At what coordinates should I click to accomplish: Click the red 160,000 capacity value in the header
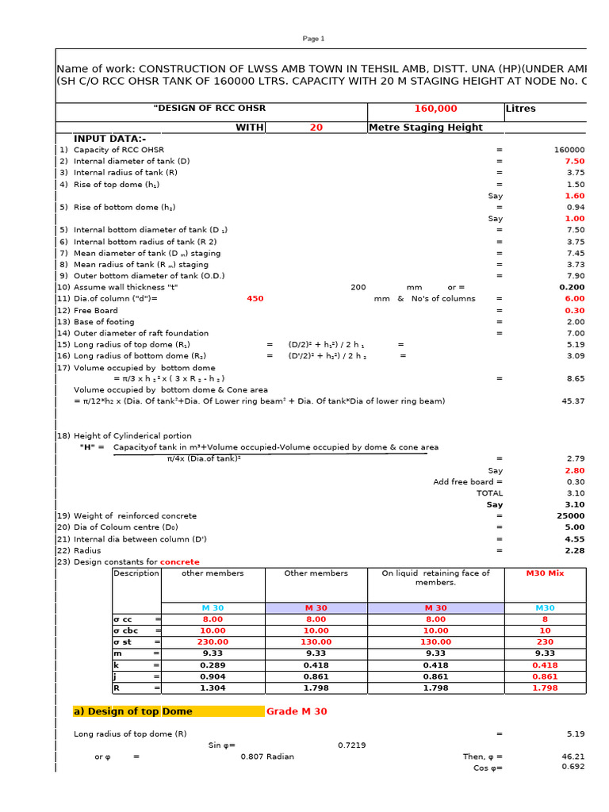tap(435, 109)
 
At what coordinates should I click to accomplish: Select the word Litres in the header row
tap(520, 109)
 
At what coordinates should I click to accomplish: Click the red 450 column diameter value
tap(255, 299)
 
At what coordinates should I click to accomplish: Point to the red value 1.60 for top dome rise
tap(574, 195)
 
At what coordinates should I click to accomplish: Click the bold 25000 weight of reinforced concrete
tap(571, 515)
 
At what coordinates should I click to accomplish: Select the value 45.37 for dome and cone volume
tap(573, 401)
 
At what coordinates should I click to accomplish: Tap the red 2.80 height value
tap(574, 470)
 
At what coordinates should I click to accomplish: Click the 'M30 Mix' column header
tap(543, 573)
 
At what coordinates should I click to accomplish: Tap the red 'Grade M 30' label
tap(297, 711)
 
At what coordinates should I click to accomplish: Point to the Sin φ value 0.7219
tap(351, 745)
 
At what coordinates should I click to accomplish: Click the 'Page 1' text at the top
tap(313, 39)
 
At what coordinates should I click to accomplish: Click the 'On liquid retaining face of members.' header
tap(435, 578)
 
